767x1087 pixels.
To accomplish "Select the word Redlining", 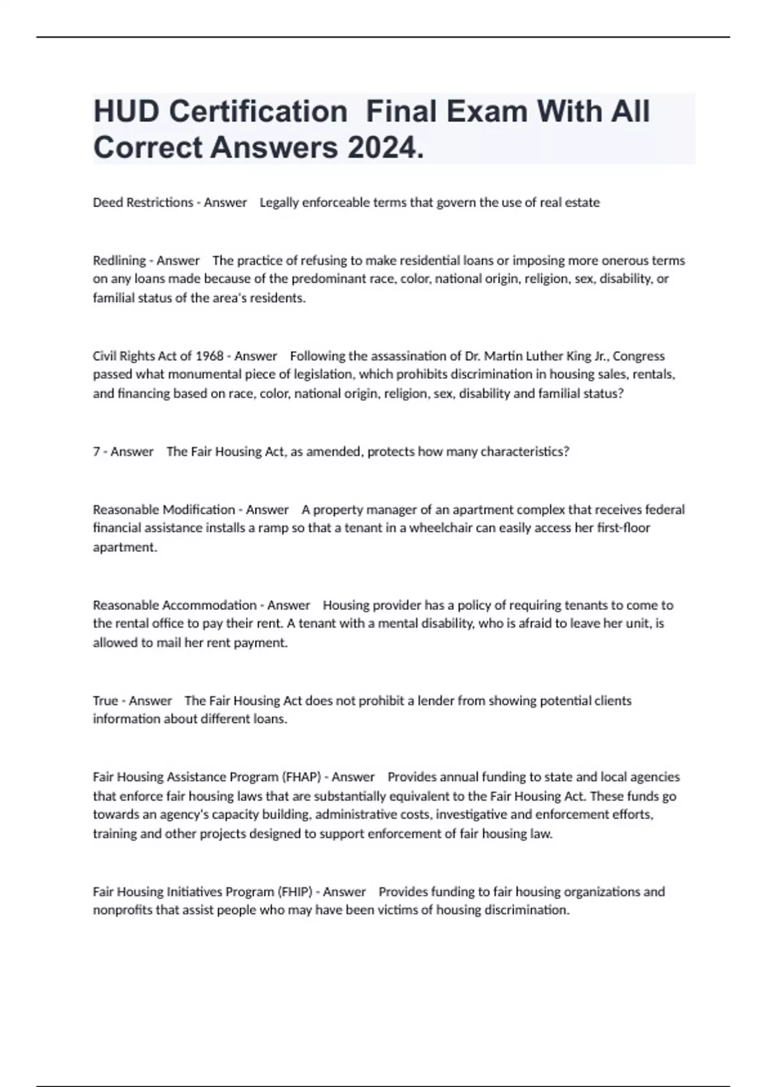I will [119, 260].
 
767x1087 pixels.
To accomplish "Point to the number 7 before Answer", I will [96, 451].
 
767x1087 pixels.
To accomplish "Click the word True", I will [105, 701].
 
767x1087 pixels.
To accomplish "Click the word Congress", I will [639, 356].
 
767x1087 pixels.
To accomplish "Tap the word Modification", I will [199, 510].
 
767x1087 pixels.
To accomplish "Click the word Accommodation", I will [210, 605].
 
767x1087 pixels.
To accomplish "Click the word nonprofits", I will [122, 910].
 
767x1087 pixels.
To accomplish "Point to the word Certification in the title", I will [258, 112].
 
